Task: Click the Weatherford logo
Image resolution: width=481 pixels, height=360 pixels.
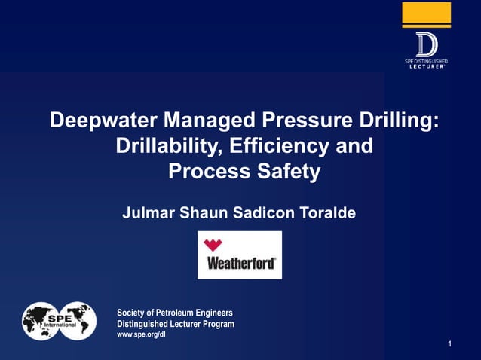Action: click(240, 255)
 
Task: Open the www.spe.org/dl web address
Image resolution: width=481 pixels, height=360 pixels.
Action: click(142, 334)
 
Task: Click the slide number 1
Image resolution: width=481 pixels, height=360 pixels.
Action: click(449, 344)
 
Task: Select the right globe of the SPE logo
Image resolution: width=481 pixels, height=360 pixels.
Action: click(78, 321)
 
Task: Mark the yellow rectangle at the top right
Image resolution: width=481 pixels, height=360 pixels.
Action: click(426, 13)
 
